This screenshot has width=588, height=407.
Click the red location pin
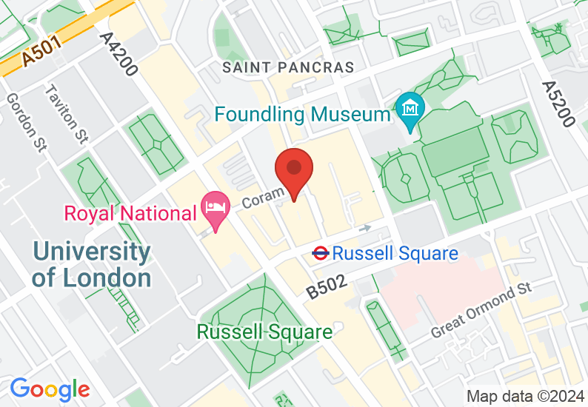294,171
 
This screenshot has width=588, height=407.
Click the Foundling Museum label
303,114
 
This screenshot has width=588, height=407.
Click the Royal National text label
130,214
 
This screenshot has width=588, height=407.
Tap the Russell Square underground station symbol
320,253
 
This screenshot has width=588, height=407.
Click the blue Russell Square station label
395,254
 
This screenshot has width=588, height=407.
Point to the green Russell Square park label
264,332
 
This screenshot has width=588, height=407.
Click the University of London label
91,265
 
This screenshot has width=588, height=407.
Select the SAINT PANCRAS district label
289,67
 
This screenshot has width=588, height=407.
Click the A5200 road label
557,103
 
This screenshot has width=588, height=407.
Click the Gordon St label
24,123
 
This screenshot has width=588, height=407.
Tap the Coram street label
264,197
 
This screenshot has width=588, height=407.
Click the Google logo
50,389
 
